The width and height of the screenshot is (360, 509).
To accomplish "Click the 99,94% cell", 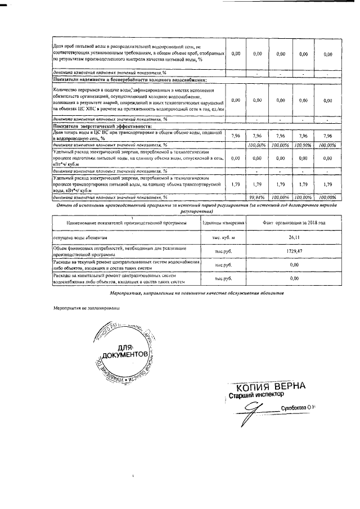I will [x=258, y=197].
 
